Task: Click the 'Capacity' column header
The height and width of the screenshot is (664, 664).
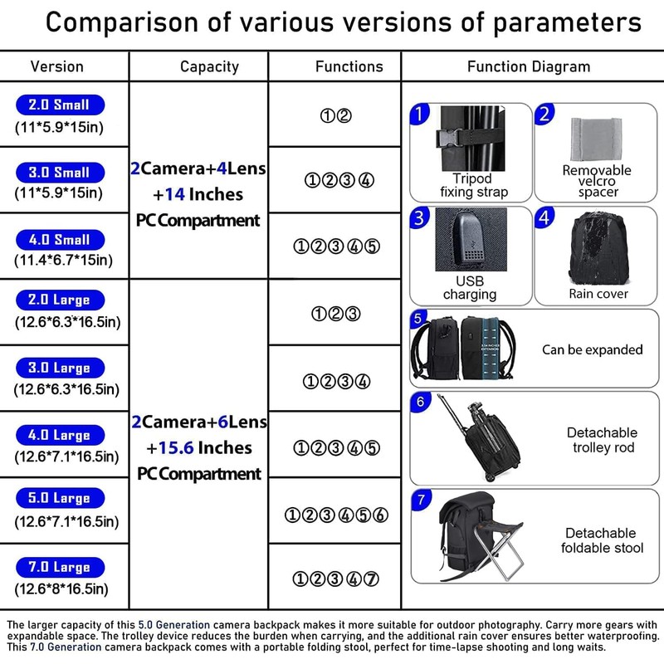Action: [x=209, y=66]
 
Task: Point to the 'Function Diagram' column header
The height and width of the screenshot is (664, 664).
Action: [x=529, y=66]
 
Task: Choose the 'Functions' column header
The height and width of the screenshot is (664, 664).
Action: [x=349, y=66]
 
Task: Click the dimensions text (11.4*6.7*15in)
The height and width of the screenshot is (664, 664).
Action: [x=64, y=260]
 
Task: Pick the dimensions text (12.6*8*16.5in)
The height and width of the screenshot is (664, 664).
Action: [x=61, y=589]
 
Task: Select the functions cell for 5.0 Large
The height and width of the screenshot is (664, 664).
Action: [x=336, y=515]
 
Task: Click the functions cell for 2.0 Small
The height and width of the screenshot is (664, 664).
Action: [x=336, y=116]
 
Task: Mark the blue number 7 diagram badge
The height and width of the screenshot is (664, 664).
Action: [x=422, y=500]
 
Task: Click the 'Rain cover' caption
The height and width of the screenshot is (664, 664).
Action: [x=598, y=294]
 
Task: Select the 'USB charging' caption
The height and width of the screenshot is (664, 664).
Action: [x=470, y=288]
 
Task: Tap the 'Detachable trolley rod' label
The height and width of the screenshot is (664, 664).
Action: [x=602, y=440]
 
